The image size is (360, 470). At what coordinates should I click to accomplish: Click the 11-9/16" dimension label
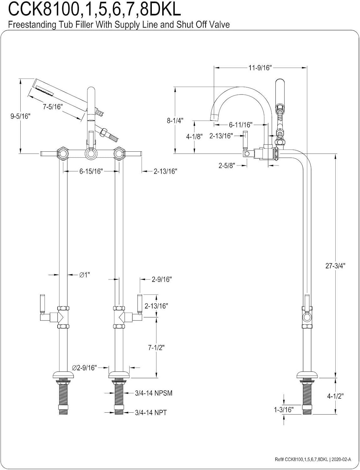coord(260,68)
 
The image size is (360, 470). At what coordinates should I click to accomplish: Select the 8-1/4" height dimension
coord(175,120)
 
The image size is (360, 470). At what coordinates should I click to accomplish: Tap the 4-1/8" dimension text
coord(194,137)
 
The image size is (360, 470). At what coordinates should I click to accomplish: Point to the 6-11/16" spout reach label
coord(240,125)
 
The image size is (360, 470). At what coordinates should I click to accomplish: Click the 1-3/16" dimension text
coord(283,410)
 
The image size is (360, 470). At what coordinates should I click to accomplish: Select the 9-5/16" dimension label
coord(20,116)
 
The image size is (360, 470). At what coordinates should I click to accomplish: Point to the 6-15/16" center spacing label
coord(91,171)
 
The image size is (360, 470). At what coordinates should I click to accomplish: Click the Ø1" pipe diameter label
coord(84,275)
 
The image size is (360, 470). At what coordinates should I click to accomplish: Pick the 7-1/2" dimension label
coord(156,347)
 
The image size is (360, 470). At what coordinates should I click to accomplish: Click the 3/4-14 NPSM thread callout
coord(153,393)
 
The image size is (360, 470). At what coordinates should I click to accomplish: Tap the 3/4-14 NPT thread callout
coord(151,412)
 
